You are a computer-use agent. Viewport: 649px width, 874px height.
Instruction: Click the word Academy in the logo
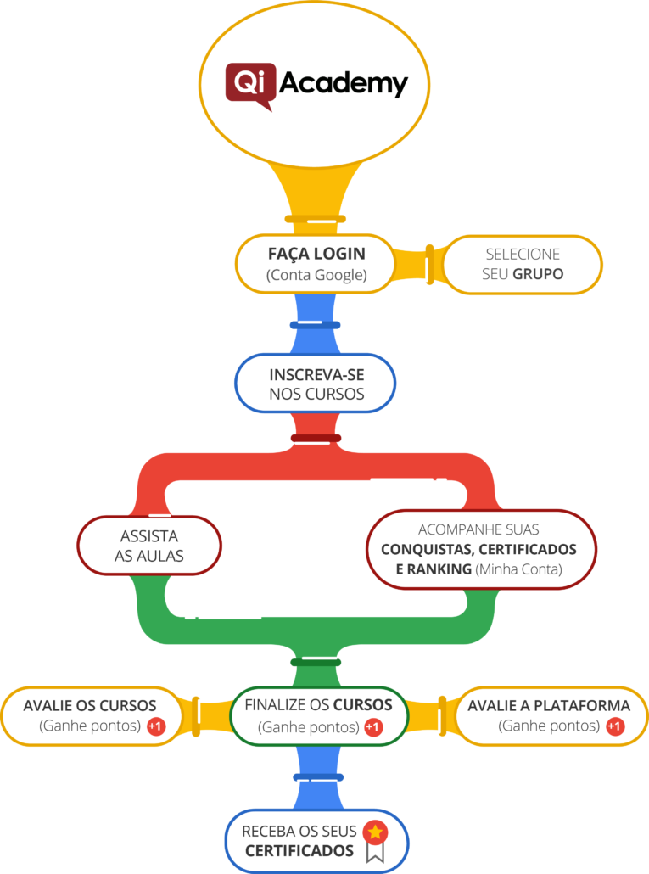(x=343, y=83)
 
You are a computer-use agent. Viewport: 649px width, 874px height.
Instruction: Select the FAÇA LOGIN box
(x=316, y=263)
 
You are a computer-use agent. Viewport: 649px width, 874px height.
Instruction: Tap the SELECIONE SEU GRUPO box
(x=523, y=265)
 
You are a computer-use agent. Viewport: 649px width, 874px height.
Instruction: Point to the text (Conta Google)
(x=316, y=275)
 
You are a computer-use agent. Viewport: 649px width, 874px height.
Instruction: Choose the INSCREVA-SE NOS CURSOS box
(x=316, y=384)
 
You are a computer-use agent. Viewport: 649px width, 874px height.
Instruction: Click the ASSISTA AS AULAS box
(x=149, y=546)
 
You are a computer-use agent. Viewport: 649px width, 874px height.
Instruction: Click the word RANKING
(x=434, y=569)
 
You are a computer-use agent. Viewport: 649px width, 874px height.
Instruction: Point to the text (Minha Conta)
(x=518, y=569)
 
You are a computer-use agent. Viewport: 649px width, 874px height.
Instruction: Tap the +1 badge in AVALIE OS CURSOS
(x=156, y=727)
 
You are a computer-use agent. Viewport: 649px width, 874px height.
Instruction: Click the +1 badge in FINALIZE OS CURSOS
(x=373, y=728)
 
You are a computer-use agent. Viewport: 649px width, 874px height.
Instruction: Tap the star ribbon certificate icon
(x=374, y=840)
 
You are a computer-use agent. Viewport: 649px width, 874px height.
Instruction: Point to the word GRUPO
(x=538, y=275)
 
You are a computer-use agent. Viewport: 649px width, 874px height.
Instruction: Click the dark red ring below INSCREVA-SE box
(x=316, y=439)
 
